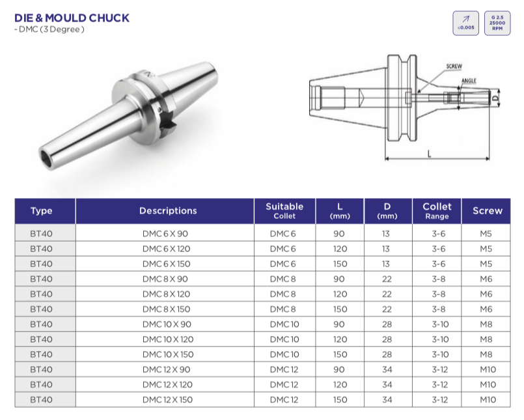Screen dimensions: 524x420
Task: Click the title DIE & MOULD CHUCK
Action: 72,18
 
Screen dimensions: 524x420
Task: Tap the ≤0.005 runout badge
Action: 465,23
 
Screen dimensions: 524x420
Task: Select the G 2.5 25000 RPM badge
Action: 497,23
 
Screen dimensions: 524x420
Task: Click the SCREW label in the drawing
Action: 454,66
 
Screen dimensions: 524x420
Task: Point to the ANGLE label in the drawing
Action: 469,81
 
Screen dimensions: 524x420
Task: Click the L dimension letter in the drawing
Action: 430,154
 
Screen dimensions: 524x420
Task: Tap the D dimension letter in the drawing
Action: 495,98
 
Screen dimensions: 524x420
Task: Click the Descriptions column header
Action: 168,211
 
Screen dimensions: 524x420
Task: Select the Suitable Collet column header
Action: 284,211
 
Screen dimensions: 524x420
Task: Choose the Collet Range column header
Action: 437,211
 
